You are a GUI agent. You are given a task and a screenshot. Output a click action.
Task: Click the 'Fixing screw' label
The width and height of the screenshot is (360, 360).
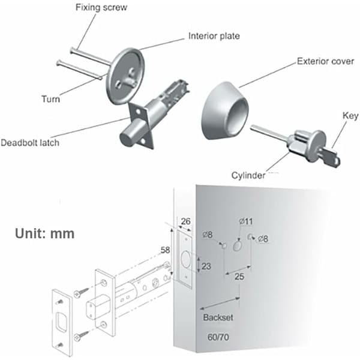[101, 8]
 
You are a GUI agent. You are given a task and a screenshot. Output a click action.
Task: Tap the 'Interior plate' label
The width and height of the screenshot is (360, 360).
[214, 36]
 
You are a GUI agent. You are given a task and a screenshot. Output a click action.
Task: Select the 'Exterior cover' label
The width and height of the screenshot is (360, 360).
[325, 61]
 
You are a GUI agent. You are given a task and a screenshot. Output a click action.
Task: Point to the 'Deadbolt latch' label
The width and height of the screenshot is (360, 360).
[30, 143]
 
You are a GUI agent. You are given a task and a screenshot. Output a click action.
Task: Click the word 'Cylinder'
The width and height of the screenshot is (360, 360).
[248, 175]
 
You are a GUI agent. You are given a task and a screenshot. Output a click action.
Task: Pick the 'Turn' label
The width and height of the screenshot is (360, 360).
[51, 99]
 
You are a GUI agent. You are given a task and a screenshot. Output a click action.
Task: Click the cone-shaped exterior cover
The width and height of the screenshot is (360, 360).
[225, 110]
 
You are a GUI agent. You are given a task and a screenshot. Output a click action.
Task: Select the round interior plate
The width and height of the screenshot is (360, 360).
[125, 76]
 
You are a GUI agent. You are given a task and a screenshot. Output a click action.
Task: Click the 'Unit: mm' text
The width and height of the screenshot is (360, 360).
[45, 233]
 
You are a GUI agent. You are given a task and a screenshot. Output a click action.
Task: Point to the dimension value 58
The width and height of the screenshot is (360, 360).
[166, 250]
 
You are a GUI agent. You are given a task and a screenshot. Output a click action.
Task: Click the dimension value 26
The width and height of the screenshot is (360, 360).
[186, 221]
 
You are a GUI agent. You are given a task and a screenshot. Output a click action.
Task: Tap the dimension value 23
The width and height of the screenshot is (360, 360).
[206, 266]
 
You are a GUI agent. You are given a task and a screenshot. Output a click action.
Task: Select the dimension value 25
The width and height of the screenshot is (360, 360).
[239, 277]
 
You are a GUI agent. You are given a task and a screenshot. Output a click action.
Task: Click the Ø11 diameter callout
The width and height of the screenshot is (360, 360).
[246, 221]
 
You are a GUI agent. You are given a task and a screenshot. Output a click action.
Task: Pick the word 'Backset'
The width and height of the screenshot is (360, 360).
[218, 317]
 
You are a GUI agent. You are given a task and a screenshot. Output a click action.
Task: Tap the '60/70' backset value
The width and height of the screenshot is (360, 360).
[218, 337]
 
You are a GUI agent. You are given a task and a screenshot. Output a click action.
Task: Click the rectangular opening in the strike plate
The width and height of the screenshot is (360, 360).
[62, 322]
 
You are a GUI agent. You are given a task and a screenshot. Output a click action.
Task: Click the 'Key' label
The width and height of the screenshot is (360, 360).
[350, 116]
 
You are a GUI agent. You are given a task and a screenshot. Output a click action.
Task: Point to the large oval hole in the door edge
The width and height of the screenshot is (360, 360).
[185, 259]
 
